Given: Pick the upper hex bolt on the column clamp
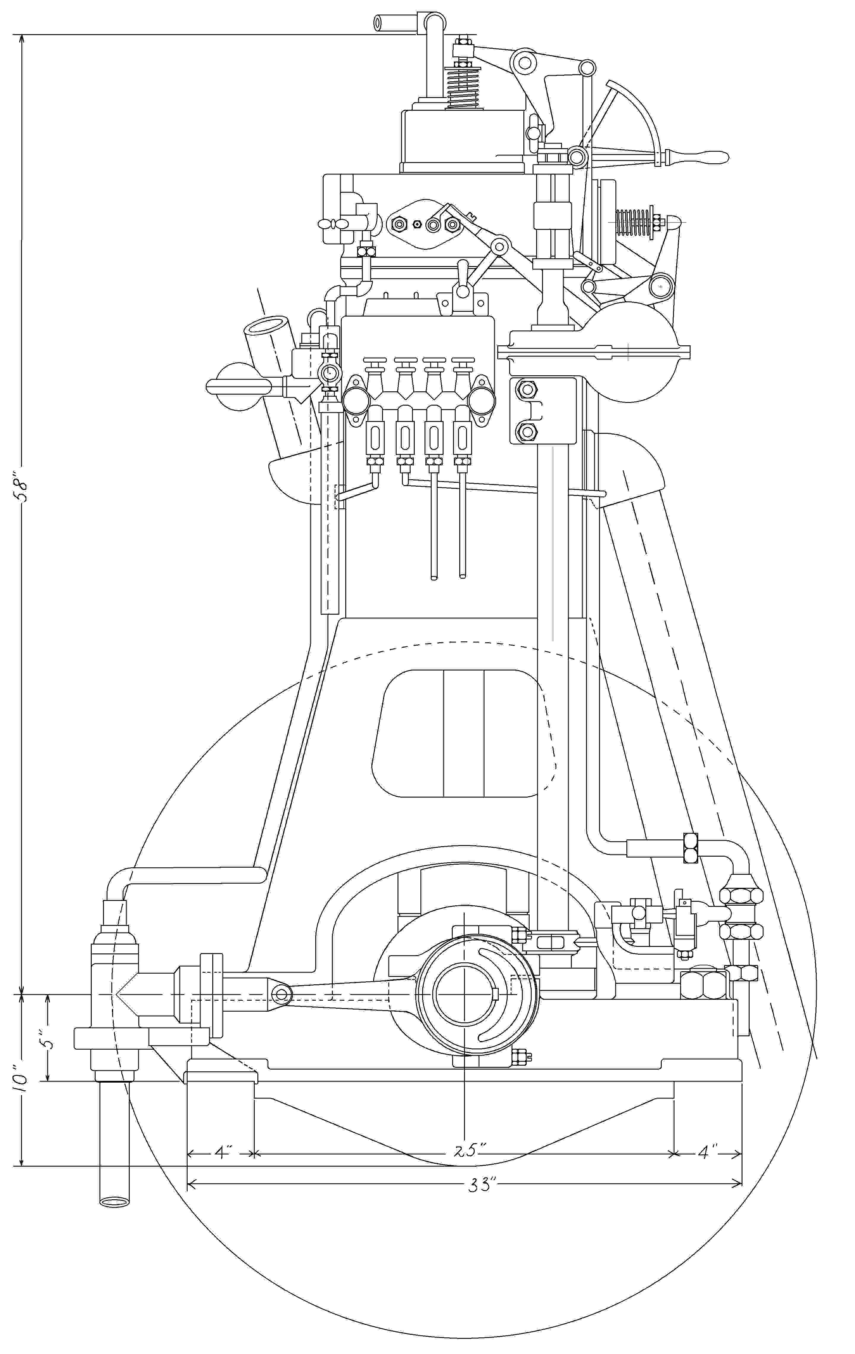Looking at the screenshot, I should coord(527,389).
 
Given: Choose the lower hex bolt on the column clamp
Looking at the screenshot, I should coord(527,432).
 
